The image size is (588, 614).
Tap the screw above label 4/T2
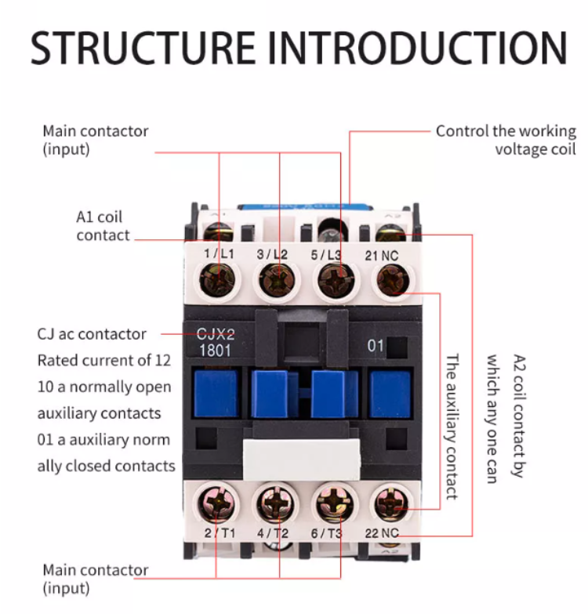276,502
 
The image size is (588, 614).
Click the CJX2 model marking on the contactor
216,334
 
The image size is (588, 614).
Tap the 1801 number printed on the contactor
216,350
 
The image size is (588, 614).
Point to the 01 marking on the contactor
376,345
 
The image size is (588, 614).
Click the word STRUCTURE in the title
143,49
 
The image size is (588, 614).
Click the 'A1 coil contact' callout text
102,226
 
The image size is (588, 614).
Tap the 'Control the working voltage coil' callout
506,140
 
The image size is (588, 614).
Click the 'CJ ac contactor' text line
92,334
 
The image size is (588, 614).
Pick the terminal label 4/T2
273,534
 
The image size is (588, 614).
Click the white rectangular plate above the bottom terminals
302,459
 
